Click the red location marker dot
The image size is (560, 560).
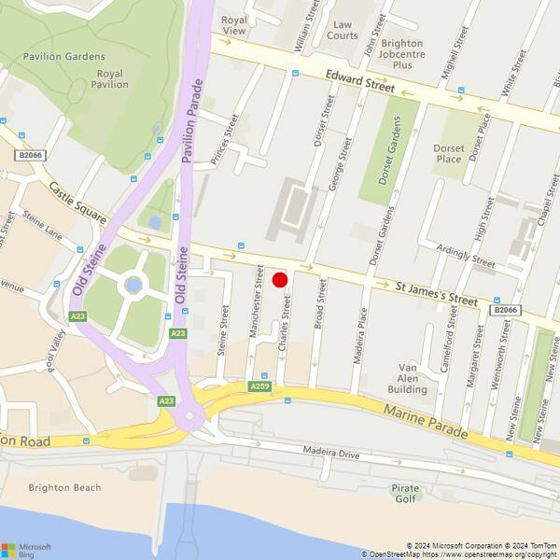click(x=279, y=279)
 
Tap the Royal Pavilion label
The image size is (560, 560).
click(x=109, y=79)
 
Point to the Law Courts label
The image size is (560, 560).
click(x=343, y=30)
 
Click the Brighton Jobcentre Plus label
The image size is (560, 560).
click(x=402, y=54)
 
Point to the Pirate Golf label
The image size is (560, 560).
click(x=406, y=493)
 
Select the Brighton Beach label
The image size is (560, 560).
click(x=64, y=487)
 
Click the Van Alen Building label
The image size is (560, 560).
click(x=407, y=378)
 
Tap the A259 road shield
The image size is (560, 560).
click(x=260, y=385)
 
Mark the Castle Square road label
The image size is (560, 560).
click(x=78, y=201)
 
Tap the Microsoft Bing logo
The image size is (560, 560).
click(x=26, y=549)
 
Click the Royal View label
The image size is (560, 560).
click(x=233, y=24)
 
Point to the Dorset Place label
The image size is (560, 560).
click(x=448, y=153)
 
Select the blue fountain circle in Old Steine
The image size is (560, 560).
click(x=134, y=285)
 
